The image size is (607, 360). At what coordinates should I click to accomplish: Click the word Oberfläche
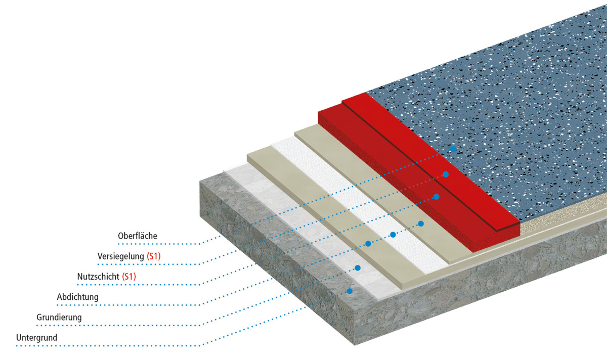[138, 236]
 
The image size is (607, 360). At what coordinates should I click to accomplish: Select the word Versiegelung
[120, 256]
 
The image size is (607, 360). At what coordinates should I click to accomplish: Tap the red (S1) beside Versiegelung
[154, 256]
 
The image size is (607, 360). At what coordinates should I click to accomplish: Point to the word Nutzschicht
[98, 277]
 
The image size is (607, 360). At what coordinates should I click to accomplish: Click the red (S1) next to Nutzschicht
[128, 277]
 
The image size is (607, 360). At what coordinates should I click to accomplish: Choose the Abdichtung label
[77, 297]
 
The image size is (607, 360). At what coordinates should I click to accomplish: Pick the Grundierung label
[59, 318]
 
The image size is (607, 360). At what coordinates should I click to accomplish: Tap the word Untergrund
[36, 338]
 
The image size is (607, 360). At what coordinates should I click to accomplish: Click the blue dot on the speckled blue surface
[453, 149]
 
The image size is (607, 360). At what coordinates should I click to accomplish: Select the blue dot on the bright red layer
[446, 174]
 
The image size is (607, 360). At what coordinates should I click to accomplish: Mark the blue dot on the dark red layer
[436, 197]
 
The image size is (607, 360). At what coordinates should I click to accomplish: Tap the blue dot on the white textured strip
[393, 235]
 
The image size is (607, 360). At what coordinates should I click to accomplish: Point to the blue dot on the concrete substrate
[350, 291]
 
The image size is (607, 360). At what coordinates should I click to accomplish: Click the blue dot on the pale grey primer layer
[358, 268]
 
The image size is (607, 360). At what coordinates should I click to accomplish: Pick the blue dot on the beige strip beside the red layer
[421, 223]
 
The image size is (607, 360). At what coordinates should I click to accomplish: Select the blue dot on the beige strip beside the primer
[368, 244]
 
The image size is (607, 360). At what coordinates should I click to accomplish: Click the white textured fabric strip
[359, 204]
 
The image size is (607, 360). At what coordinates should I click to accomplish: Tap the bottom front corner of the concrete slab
[355, 345]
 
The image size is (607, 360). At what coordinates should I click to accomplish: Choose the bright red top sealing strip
[431, 162]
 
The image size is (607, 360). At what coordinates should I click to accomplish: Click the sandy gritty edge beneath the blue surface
[563, 214]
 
